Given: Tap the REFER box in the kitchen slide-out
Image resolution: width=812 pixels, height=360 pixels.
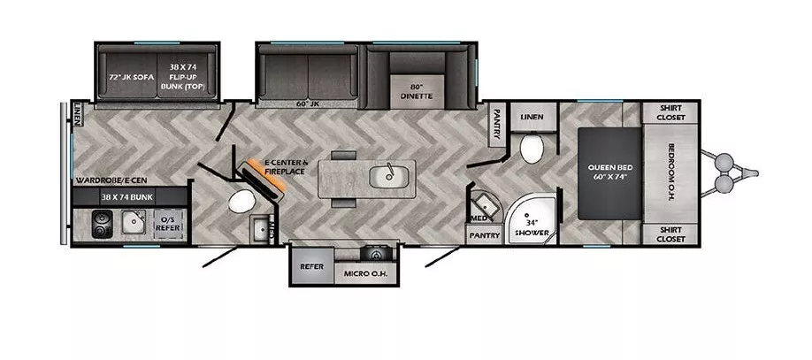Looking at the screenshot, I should click(310, 265).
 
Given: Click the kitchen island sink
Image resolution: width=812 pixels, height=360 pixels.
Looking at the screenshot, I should click(387, 176).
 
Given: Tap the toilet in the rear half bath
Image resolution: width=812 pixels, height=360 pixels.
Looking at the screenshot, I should click(241, 202).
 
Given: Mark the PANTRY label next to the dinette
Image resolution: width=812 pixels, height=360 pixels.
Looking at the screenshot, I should click(497, 123).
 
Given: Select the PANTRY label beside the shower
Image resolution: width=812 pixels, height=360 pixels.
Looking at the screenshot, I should click(485, 235).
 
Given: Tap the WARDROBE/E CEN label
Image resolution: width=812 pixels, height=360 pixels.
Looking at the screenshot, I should click(108, 179).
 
